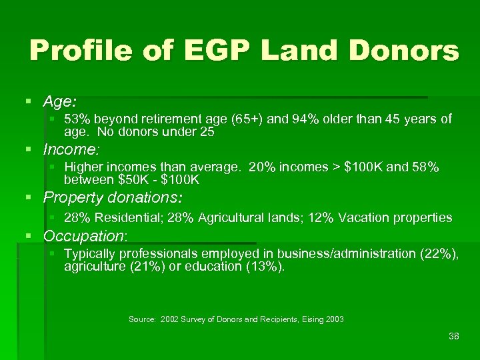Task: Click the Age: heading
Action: click(x=60, y=102)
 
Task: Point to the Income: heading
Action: click(x=71, y=149)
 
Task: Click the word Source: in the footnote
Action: click(x=143, y=319)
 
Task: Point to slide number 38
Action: click(x=454, y=336)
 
